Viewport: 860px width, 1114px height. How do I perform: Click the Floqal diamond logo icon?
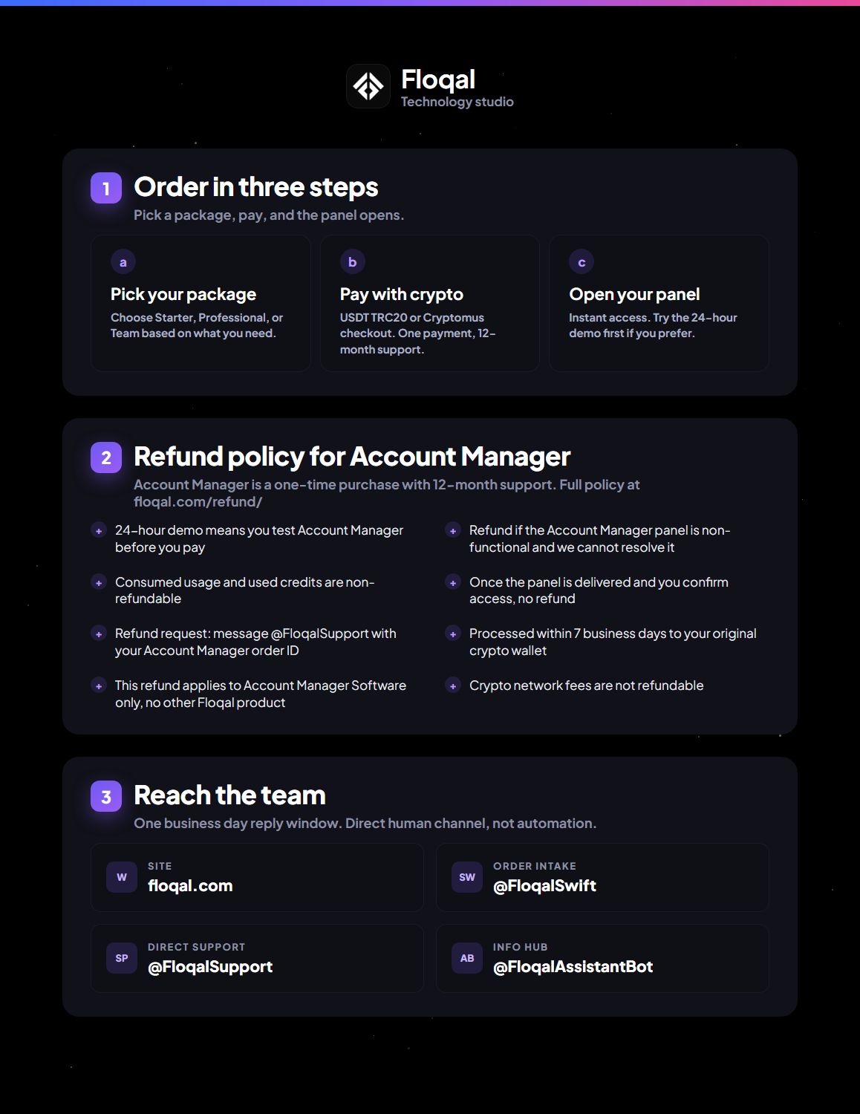coord(368,86)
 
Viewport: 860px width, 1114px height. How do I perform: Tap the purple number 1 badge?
coord(106,188)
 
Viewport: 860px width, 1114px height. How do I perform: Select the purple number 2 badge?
coord(106,457)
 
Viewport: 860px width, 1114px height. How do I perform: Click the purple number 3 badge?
coord(106,796)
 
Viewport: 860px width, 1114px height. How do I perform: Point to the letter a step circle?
coord(123,262)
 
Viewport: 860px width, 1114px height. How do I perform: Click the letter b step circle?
coord(353,262)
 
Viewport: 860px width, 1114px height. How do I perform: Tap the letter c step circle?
coord(582,262)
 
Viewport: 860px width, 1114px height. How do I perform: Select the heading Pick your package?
coord(183,294)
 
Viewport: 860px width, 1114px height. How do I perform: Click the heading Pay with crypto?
coord(401,294)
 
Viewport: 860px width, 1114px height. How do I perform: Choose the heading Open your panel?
coord(634,294)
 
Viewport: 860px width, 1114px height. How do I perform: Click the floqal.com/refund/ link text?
coord(198,502)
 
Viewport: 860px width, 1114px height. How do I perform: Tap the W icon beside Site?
coord(122,877)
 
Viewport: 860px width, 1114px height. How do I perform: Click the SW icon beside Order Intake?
coord(467,877)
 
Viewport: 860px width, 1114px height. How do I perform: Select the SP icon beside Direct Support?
coord(122,958)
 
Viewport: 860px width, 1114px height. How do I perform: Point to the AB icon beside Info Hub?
coord(467,958)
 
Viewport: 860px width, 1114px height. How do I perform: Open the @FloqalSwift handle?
coord(544,886)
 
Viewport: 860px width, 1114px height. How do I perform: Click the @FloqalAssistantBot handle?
coord(573,967)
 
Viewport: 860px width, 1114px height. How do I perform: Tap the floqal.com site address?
coord(190,886)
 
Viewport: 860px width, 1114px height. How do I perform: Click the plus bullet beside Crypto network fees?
coord(452,686)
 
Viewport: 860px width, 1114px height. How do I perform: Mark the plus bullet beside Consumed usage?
coord(99,583)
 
